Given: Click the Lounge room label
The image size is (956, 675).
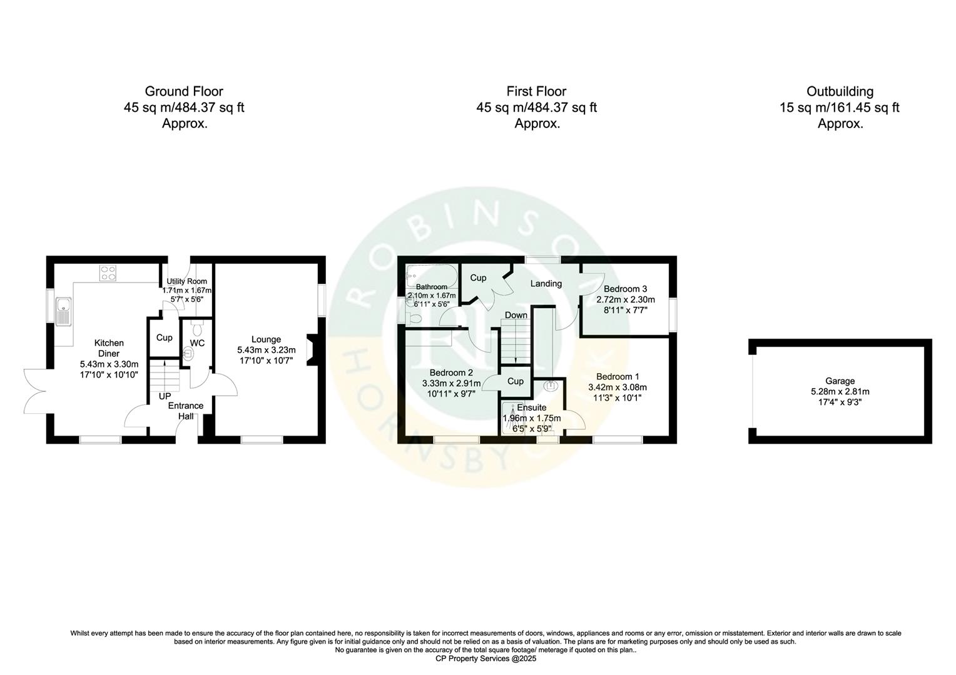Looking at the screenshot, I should (266, 340).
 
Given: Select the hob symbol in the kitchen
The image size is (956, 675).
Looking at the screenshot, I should (108, 272).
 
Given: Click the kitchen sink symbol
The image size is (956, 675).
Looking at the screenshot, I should (63, 311).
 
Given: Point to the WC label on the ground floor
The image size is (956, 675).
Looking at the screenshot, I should (197, 343).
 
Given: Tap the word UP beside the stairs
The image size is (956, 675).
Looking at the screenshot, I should (165, 396).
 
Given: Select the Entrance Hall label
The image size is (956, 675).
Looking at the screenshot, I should (186, 411).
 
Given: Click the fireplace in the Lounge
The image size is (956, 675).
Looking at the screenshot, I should (310, 349).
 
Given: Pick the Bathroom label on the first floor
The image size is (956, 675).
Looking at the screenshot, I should (432, 287).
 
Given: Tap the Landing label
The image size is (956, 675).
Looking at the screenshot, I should (546, 283).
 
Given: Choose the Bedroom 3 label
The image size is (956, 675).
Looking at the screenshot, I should (625, 289).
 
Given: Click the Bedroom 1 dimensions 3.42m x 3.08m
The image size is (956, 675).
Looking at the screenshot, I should (618, 387).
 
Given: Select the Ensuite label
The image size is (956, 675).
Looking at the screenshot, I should (531, 407).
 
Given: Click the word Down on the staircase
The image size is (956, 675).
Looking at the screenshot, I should (516, 315).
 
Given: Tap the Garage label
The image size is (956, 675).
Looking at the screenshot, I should (840, 381).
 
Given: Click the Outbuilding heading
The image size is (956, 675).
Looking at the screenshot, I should (840, 91).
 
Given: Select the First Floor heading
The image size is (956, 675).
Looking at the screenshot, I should (536, 91).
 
